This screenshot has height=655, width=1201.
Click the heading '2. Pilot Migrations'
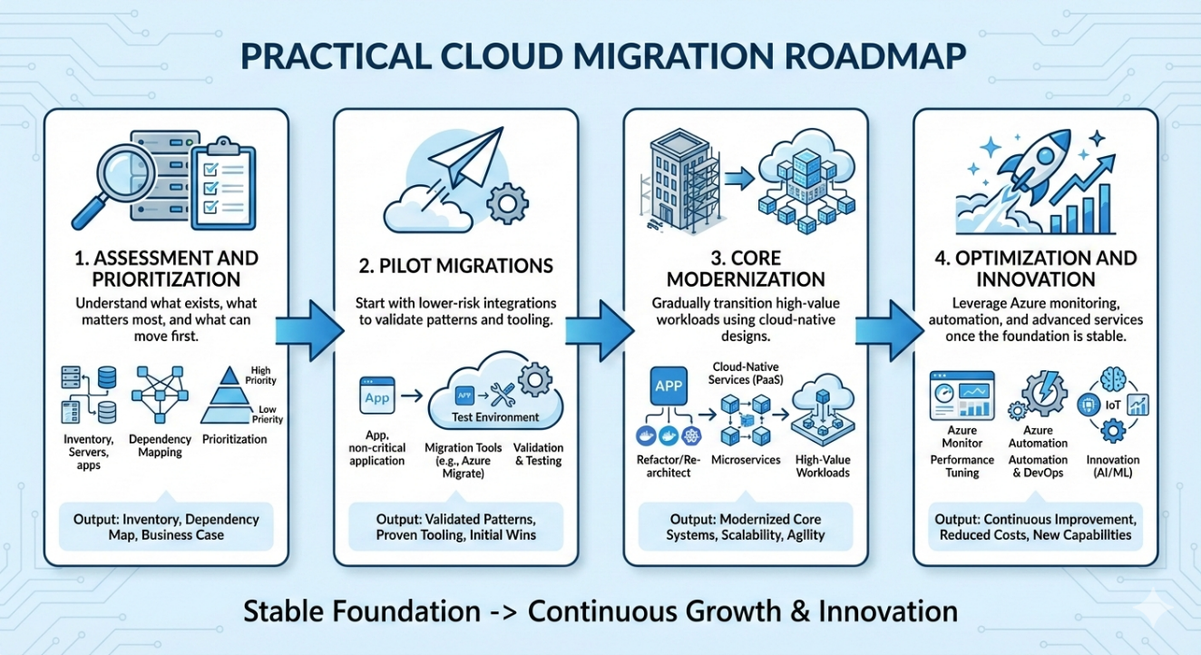[456, 266]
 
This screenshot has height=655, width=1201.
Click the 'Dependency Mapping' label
[161, 446]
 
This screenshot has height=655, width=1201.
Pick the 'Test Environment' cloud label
[494, 417]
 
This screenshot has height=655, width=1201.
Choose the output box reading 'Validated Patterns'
[455, 527]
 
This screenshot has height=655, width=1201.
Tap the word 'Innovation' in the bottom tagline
[888, 611]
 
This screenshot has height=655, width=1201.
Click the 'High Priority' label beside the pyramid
[259, 376]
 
